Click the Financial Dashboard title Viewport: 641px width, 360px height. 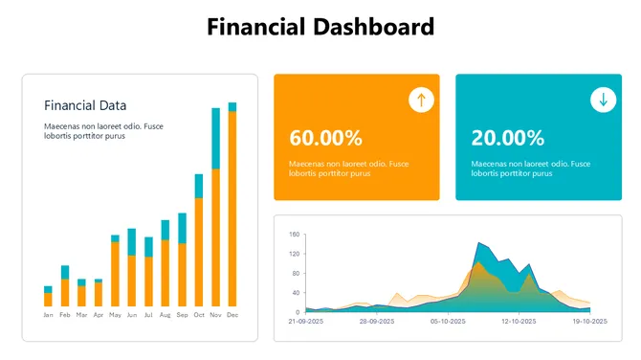[320, 27]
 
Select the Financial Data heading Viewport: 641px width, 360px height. [85, 105]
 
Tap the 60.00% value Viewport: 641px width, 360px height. [325, 138]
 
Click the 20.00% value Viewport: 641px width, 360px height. [508, 138]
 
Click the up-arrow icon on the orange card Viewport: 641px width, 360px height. [421, 100]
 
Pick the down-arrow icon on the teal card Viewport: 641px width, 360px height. [603, 100]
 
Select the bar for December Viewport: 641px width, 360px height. [232, 206]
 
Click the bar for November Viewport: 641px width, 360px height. [215, 211]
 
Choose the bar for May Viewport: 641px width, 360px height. [115, 272]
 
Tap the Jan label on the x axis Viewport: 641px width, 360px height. [48, 315]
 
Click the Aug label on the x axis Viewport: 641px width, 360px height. [165, 315]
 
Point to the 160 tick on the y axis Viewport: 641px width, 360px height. [295, 235]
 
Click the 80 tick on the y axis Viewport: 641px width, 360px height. [296, 273]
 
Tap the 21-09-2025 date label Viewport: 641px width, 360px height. [306, 322]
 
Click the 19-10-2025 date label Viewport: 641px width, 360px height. [588, 322]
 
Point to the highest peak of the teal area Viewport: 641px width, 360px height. [478, 244]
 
